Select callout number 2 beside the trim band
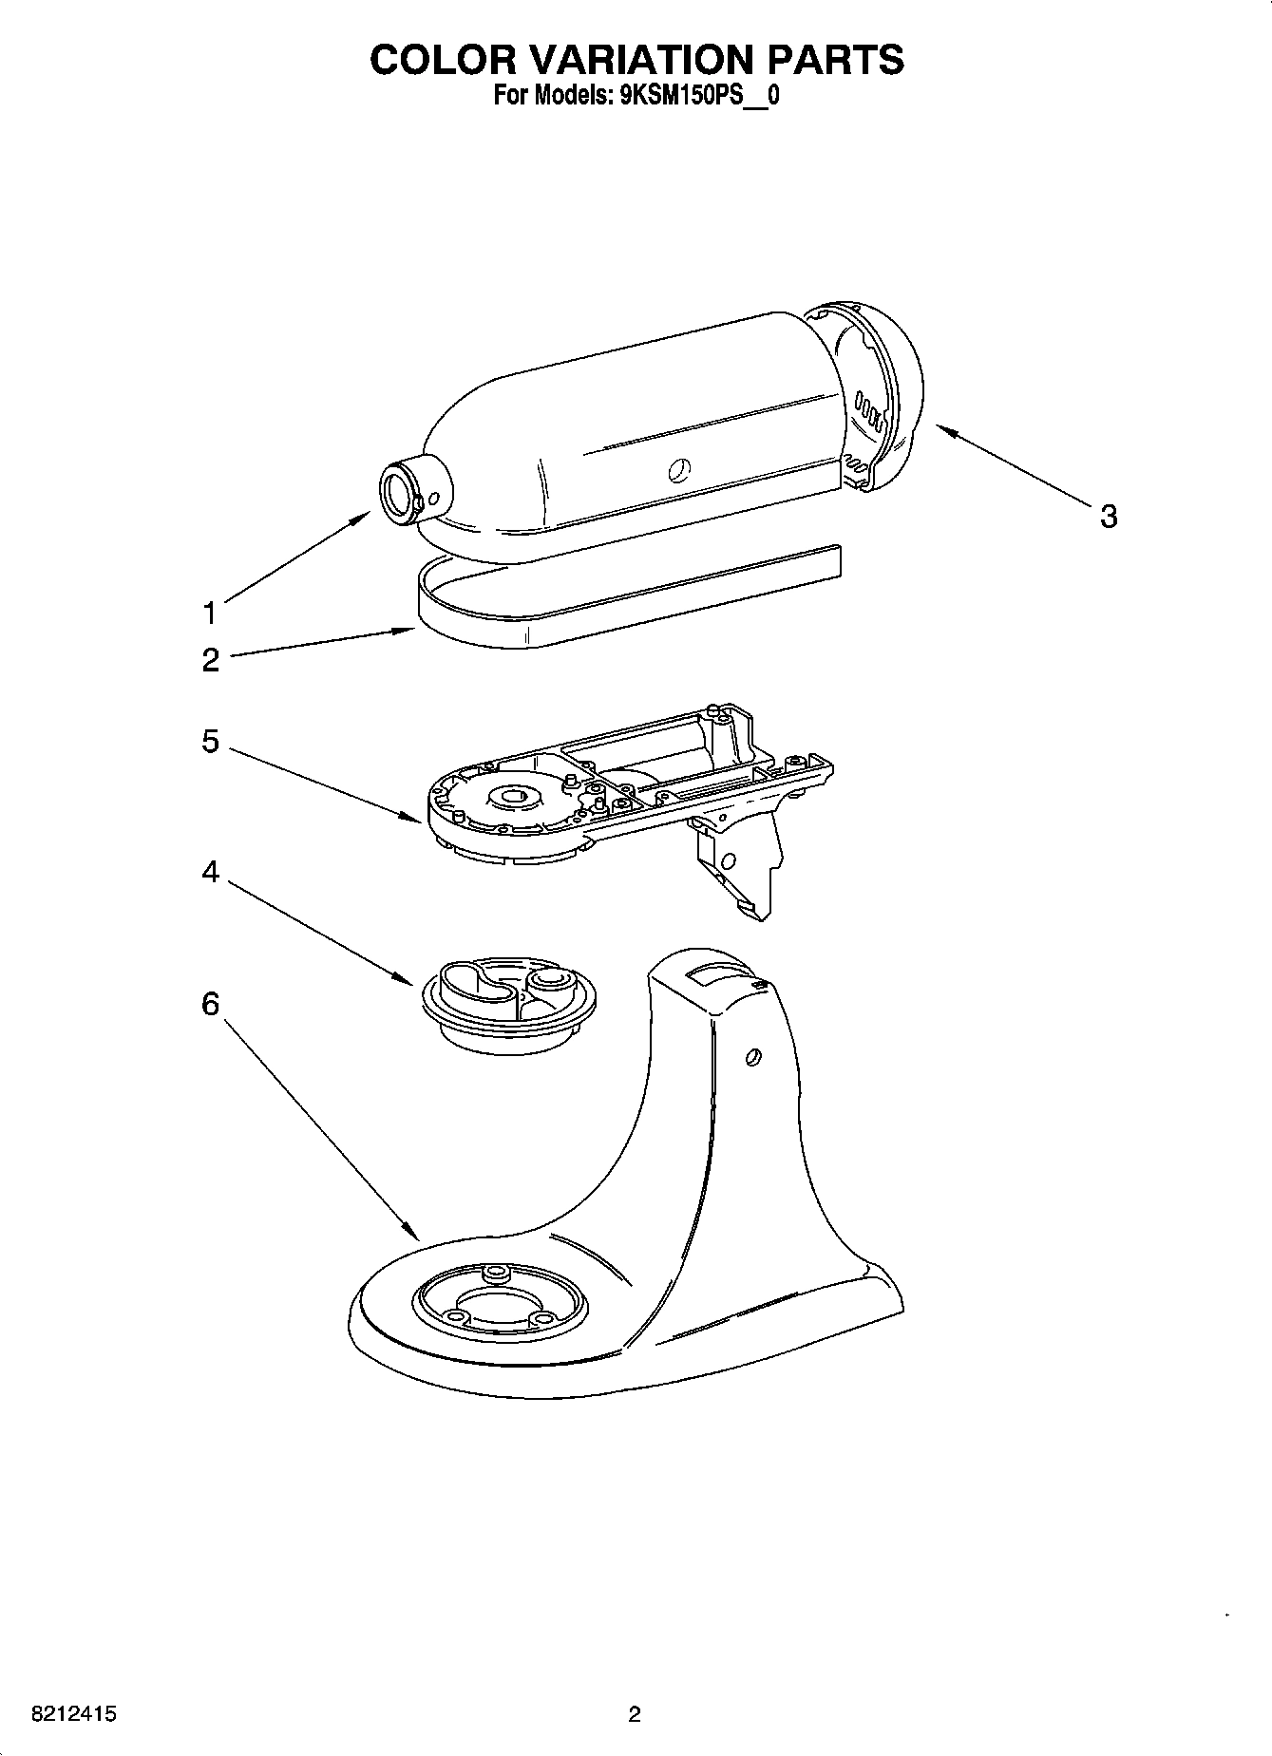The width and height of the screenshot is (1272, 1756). pyautogui.click(x=210, y=660)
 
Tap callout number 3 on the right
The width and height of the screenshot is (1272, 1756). pyautogui.click(x=1108, y=517)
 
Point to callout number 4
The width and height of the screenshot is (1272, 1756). pyautogui.click(x=210, y=871)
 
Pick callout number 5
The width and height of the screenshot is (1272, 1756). pyautogui.click(x=210, y=742)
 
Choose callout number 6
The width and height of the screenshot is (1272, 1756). pyautogui.click(x=210, y=1004)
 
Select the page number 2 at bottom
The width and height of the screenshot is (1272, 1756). pyautogui.click(x=635, y=1714)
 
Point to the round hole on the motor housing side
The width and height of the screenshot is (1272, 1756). pyautogui.click(x=678, y=468)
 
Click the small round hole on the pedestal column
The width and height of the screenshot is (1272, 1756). pyautogui.click(x=753, y=1056)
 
